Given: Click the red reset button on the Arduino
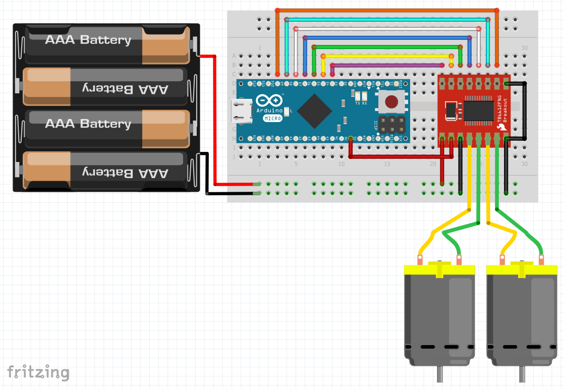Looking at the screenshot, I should pyautogui.click(x=391, y=102).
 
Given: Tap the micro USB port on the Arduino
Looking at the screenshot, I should pyautogui.click(x=241, y=112).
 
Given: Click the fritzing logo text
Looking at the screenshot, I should pyautogui.click(x=38, y=372).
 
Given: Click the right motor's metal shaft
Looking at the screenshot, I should pyautogui.click(x=522, y=374).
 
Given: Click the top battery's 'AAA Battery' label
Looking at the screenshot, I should pyautogui.click(x=88, y=40).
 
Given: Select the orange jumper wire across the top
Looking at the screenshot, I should pyautogui.click(x=386, y=10).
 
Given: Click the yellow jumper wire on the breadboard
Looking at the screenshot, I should pyautogui.click(x=386, y=56).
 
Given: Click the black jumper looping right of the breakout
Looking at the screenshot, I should pyautogui.click(x=525, y=111).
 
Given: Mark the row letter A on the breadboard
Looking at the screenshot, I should pyautogui.click(x=234, y=55).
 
